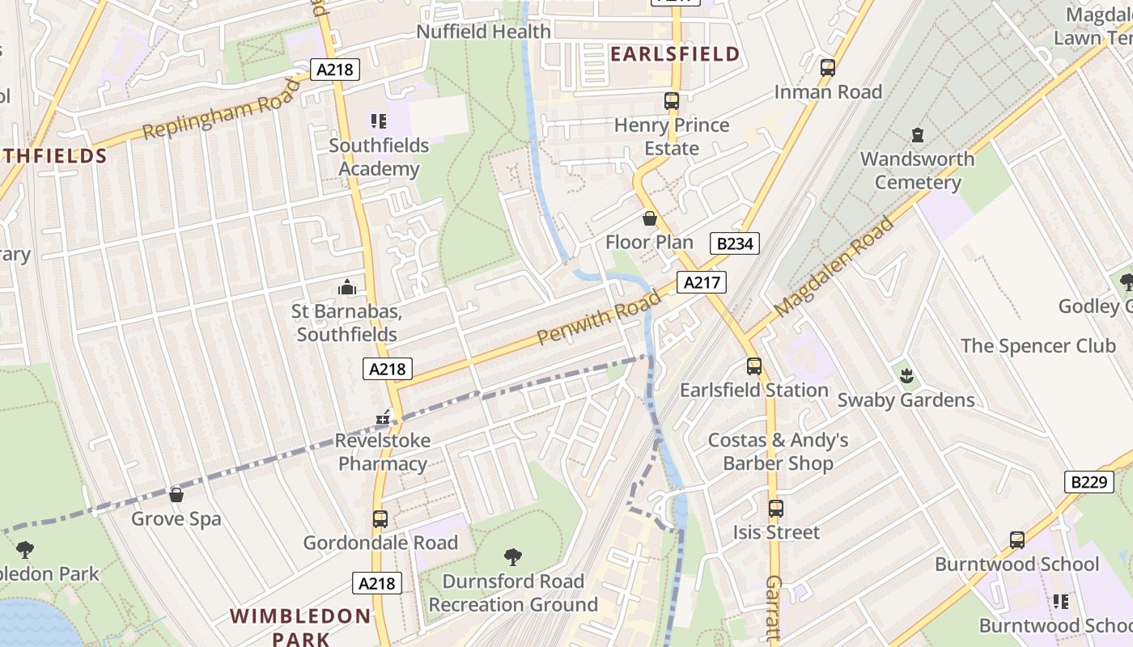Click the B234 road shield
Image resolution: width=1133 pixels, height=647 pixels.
click(735, 243)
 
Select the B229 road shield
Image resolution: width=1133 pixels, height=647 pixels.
click(1088, 482)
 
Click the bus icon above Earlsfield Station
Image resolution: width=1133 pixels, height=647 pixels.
click(754, 366)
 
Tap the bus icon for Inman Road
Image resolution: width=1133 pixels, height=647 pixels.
click(827, 68)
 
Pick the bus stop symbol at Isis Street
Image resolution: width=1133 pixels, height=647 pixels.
click(775, 509)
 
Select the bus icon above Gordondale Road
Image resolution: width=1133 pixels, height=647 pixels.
click(380, 518)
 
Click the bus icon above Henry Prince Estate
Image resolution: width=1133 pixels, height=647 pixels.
click(671, 101)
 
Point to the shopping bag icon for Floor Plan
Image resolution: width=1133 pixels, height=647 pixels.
click(649, 218)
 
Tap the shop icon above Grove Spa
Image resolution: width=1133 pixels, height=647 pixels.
click(176, 494)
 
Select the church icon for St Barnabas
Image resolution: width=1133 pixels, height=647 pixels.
click(346, 287)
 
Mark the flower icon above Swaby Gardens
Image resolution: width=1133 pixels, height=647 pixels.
click(906, 375)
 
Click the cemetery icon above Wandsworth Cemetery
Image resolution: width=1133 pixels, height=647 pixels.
click(917, 134)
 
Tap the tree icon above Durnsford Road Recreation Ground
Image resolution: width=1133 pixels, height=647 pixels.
click(512, 556)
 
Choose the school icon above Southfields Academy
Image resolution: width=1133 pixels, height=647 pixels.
click(379, 121)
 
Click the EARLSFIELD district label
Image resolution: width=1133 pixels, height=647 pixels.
click(674, 54)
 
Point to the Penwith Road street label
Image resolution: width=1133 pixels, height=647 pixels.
click(599, 314)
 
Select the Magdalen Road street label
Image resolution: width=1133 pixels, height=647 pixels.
click(834, 266)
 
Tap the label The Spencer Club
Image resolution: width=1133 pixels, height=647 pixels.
click(1038, 346)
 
